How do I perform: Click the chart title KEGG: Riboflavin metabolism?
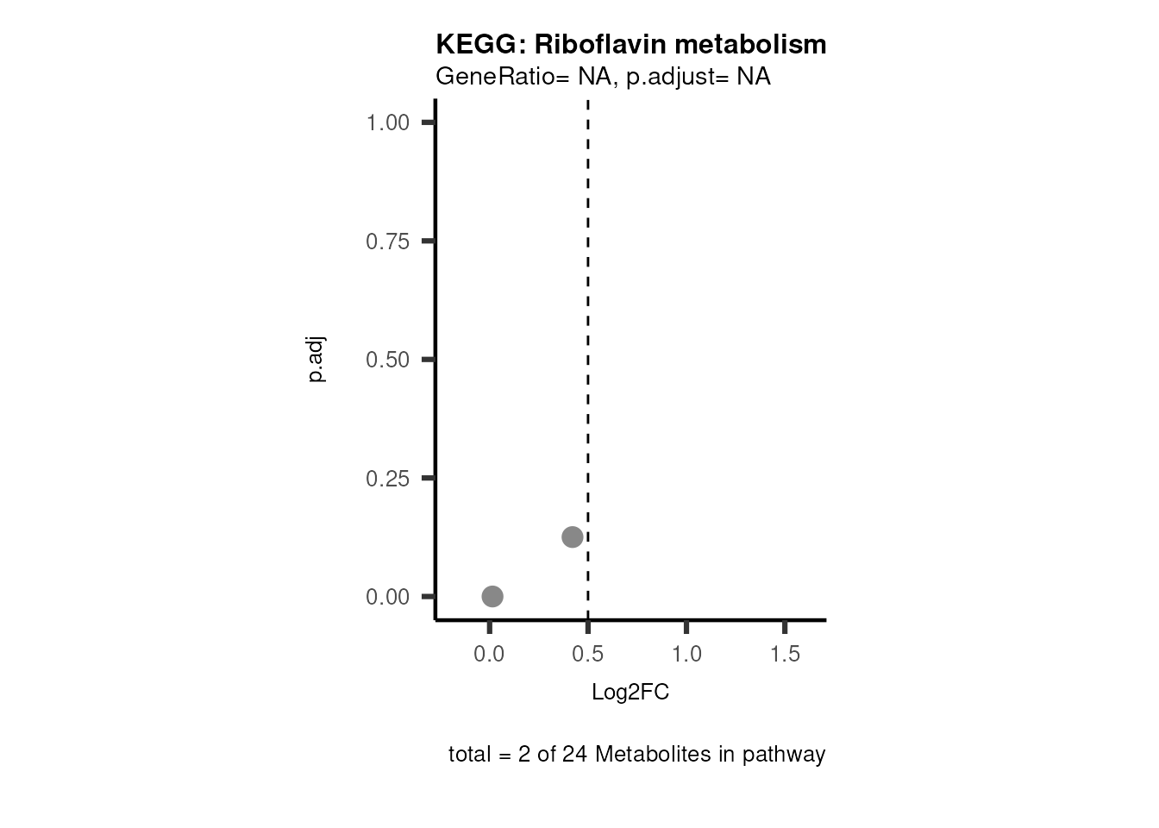coord(630,44)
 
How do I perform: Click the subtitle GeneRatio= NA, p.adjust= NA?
coord(603,77)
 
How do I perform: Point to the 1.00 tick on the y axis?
coord(387,122)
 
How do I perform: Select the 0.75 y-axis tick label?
coord(387,241)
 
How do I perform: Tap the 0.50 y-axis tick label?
coord(387,360)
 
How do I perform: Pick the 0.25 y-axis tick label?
coord(387,479)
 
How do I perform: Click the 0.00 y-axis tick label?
coord(387,597)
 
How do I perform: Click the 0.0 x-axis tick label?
coord(489,655)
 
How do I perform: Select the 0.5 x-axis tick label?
coord(587,655)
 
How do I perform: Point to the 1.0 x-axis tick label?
coord(686,655)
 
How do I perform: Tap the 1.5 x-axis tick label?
coord(785,655)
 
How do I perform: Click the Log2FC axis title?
coord(630,693)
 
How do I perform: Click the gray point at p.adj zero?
coord(492,596)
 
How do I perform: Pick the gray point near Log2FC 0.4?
coord(572,537)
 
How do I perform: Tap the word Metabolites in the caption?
coord(648,755)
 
